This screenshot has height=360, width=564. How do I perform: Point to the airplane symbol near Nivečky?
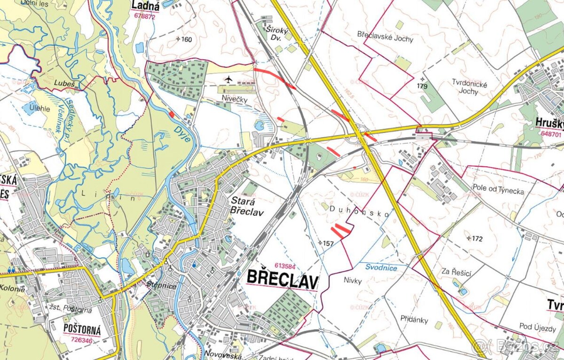(x=228, y=78)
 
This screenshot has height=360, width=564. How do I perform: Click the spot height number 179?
(x=422, y=86)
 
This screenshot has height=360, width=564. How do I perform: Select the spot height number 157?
(x=328, y=243)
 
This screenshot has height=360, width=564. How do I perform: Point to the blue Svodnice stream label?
(x=381, y=268)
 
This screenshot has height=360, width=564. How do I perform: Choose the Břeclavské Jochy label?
(x=385, y=39)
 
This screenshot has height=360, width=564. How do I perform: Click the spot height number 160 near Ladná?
(x=186, y=39)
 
